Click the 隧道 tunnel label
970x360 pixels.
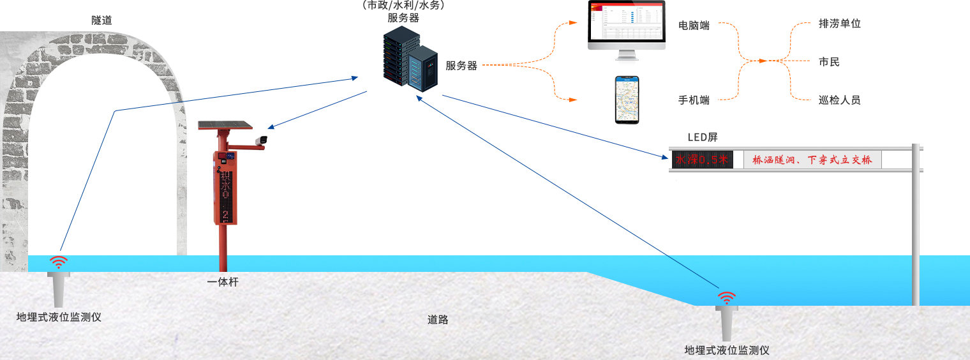[101, 20]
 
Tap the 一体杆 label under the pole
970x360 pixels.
[223, 281]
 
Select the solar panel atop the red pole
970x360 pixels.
[225, 125]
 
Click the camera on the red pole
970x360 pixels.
[261, 140]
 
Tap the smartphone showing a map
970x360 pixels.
[626, 100]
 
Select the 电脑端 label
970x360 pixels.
[694, 26]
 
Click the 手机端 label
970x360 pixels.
[694, 100]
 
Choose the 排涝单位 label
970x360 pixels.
[839, 24]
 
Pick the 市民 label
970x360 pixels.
[829, 62]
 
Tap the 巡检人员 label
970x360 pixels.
[839, 100]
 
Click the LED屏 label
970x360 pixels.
[703, 137]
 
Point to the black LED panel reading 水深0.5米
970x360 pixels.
[701, 160]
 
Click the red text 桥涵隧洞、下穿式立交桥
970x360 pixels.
[812, 160]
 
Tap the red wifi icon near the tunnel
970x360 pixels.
[59, 262]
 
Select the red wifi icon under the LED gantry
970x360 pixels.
[726, 297]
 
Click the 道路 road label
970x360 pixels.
[438, 319]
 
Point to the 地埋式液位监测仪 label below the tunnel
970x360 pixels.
[59, 317]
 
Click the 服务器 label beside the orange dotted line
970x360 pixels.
[461, 66]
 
